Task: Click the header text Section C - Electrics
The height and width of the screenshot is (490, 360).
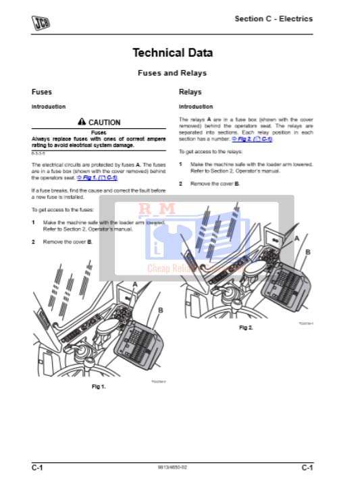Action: [x=274, y=19]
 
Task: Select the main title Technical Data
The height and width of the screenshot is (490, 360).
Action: [x=172, y=53]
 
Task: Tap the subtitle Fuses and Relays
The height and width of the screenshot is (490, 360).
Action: [x=172, y=73]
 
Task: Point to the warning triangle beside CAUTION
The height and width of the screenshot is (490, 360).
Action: [x=82, y=122]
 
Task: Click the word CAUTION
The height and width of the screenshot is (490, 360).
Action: [x=105, y=123]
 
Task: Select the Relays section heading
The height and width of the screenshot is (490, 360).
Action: [x=190, y=92]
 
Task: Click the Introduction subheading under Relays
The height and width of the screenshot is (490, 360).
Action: [x=195, y=107]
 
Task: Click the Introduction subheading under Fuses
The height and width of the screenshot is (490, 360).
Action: [x=49, y=107]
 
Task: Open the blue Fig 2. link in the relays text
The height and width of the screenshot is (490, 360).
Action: [x=251, y=139]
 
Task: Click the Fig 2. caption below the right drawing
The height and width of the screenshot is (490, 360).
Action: [x=246, y=327]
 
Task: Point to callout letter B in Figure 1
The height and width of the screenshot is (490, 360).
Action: [x=160, y=310]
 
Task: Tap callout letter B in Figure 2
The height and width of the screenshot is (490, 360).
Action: [x=308, y=251]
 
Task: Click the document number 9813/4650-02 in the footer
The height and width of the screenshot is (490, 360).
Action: [x=172, y=467]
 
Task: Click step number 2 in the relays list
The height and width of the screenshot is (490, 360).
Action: [x=180, y=184]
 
